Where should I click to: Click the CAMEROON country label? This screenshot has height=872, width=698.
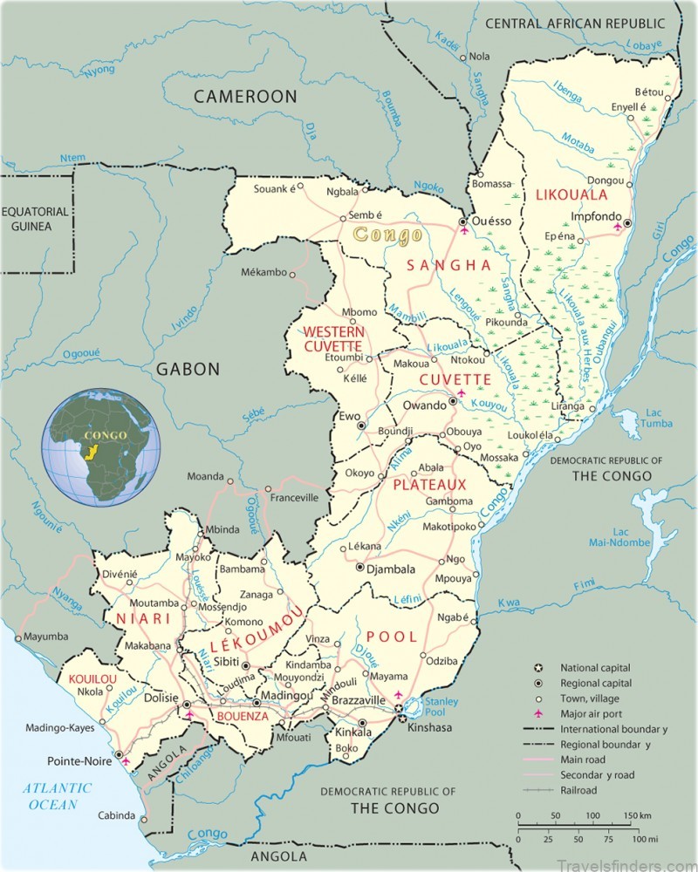pyautogui.click(x=245, y=96)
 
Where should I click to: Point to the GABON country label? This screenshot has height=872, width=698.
pyautogui.click(x=188, y=369)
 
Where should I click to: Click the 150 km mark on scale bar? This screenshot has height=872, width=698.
pyautogui.click(x=635, y=815)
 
